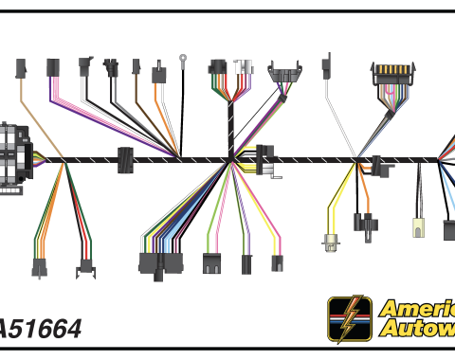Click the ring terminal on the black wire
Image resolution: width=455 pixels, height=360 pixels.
pos(182,63)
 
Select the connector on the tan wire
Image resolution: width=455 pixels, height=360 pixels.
pos(21,68)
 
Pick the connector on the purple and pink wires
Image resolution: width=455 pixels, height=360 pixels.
pos(53,67)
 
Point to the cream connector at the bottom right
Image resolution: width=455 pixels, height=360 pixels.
pos(418,227)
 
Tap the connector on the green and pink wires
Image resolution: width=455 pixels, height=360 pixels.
pos(211,262)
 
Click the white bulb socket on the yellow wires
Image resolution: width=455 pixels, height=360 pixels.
pos(330,243)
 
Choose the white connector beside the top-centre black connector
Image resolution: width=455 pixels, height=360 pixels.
pos(245,68)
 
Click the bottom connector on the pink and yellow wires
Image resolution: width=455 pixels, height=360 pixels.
pos(277,263)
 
